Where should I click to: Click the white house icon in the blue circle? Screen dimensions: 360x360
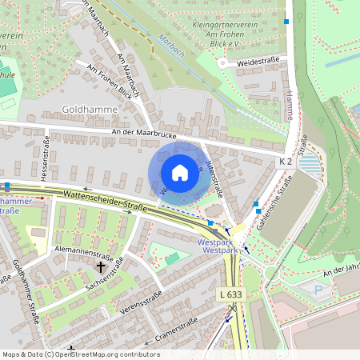pyautogui.click(x=180, y=173)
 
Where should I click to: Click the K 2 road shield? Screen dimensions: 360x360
pyautogui.click(x=286, y=162)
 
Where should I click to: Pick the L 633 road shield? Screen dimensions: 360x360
pyautogui.click(x=230, y=294)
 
